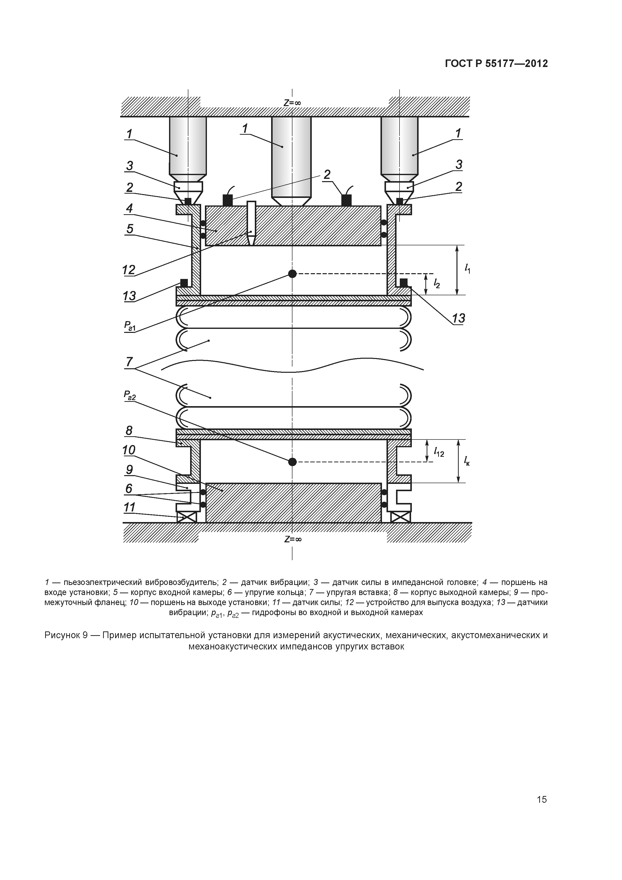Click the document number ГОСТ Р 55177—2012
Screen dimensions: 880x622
point(496,64)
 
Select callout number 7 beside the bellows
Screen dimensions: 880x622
point(129,362)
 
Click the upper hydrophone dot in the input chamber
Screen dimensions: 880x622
point(292,274)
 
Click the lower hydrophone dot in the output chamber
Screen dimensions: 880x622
point(292,462)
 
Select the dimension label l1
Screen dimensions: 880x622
point(468,269)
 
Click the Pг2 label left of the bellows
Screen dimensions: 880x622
point(129,395)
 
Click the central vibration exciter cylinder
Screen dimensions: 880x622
point(291,157)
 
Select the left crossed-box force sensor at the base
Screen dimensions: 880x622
point(186,517)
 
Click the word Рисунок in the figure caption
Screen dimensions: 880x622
point(61,635)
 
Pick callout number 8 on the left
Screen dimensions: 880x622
point(129,431)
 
